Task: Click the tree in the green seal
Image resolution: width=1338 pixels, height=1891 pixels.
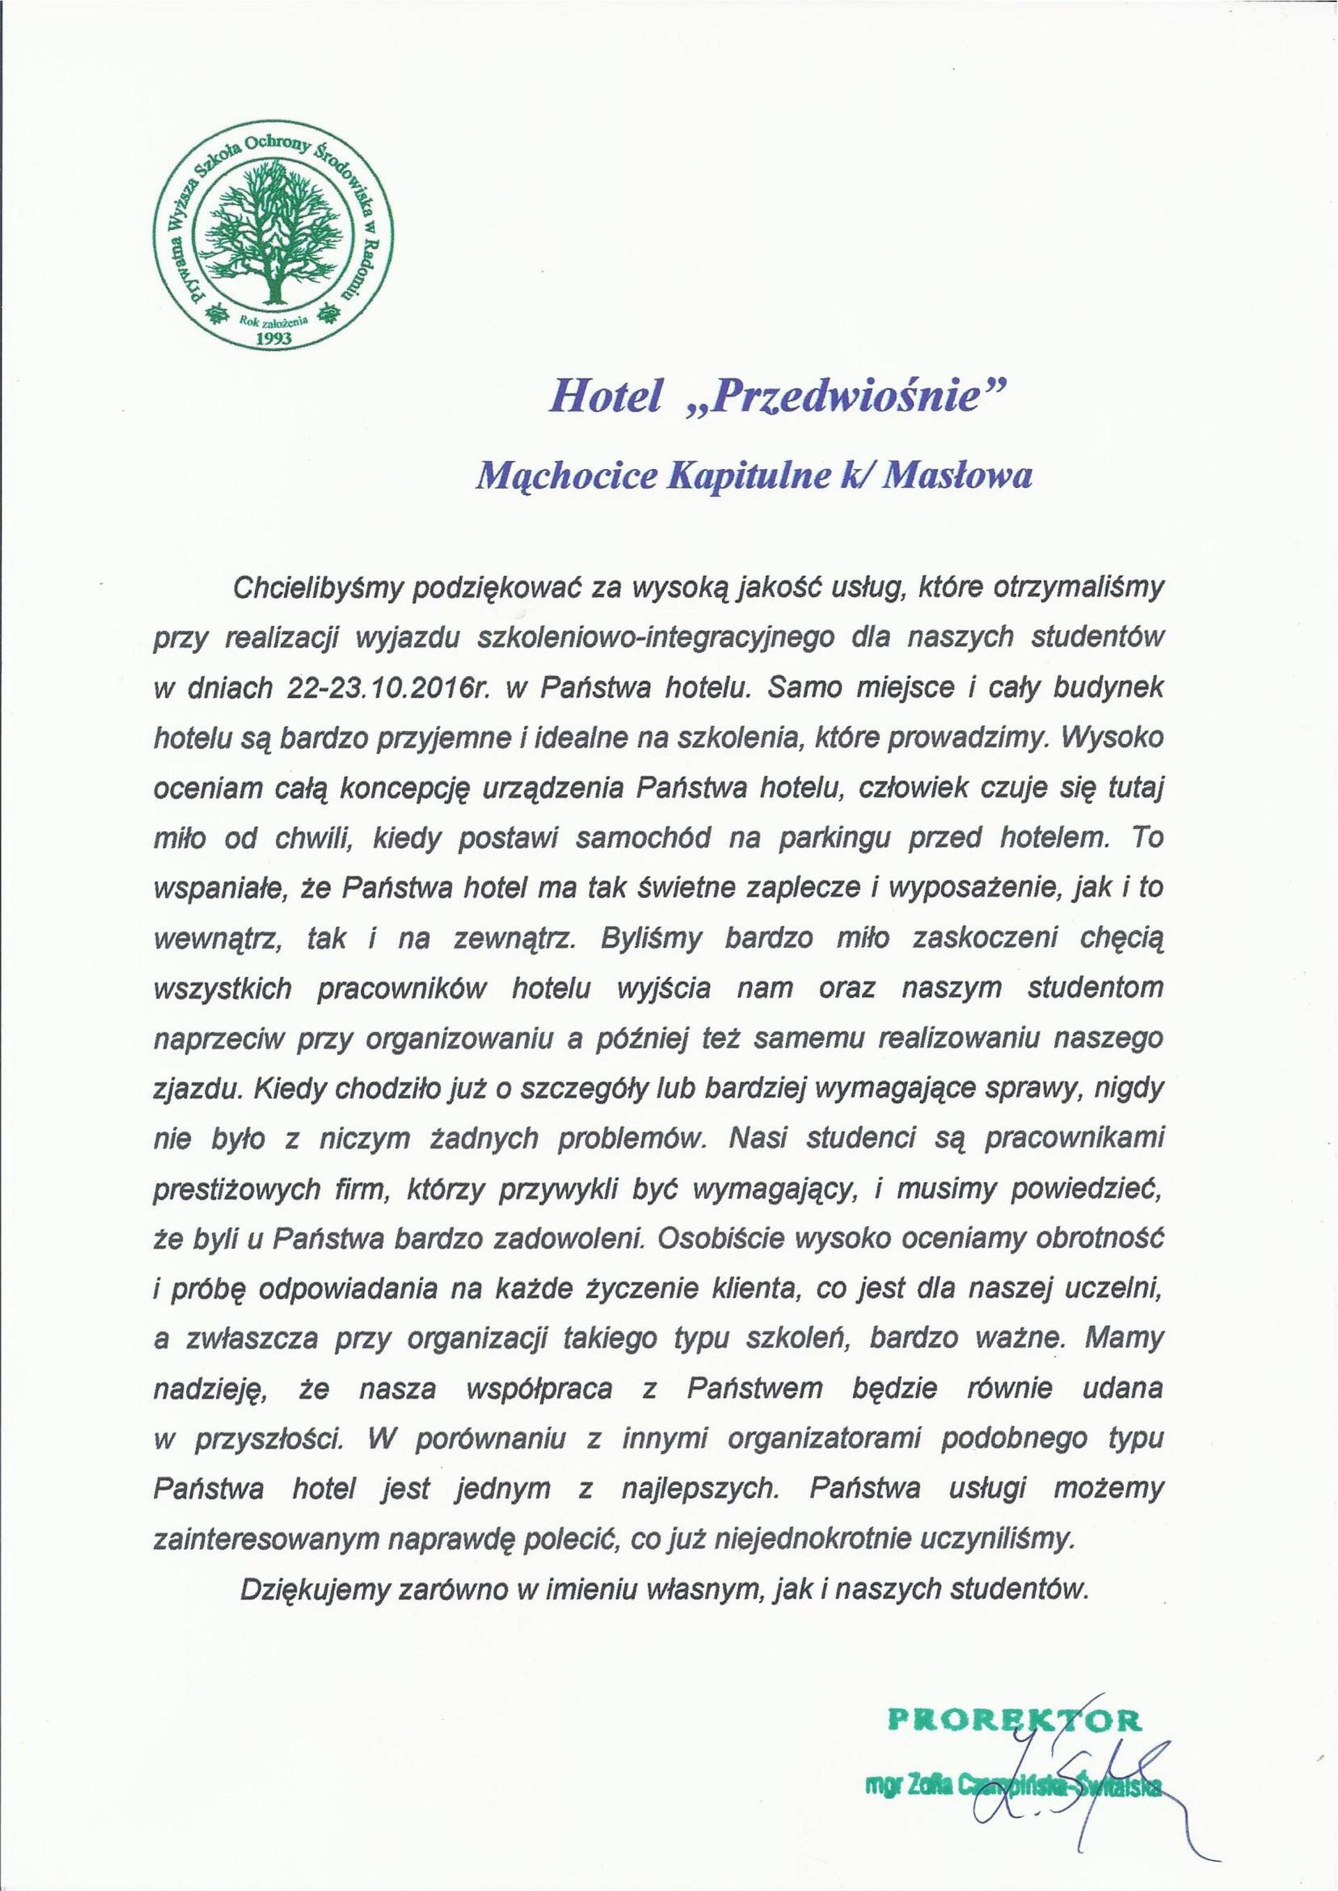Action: [275, 238]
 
